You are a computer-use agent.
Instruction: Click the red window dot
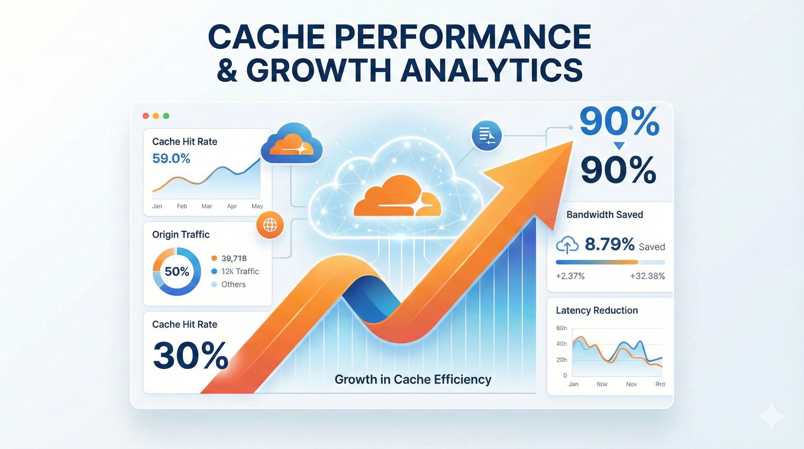[x=145, y=116]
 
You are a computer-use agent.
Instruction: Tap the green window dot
[x=166, y=116]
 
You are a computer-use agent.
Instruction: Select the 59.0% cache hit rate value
[x=171, y=159]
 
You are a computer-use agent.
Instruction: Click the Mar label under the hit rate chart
[x=207, y=206]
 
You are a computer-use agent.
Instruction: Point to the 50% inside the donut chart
[x=177, y=271]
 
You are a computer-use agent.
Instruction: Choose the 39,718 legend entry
[x=234, y=258]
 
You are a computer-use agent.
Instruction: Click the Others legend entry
[x=233, y=284]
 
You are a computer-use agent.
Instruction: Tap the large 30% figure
[x=191, y=356]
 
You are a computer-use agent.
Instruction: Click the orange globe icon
[x=270, y=225]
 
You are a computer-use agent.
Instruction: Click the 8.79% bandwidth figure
[x=609, y=244]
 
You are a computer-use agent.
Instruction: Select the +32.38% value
[x=647, y=276]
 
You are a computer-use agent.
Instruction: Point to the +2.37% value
[x=570, y=276]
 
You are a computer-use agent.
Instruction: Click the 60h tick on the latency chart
[x=562, y=328]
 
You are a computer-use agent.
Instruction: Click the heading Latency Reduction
[x=597, y=310]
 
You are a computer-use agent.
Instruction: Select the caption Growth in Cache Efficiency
[x=413, y=379]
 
